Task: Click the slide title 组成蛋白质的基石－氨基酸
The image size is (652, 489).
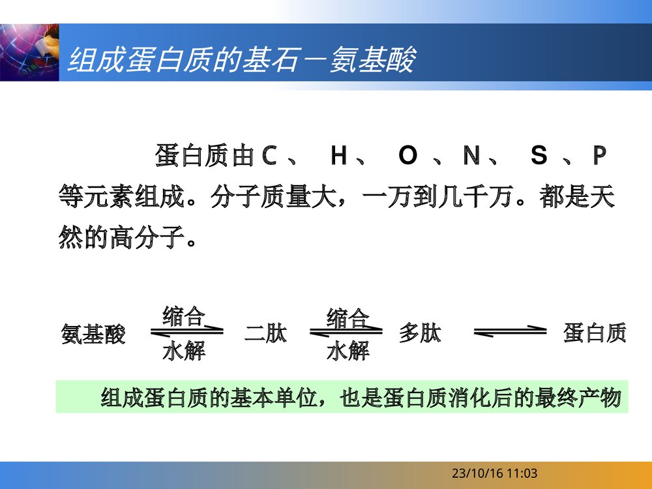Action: tap(241, 61)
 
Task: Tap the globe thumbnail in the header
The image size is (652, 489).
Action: tap(29, 52)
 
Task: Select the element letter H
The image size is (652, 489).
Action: tap(338, 156)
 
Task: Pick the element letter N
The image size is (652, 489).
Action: tap(471, 156)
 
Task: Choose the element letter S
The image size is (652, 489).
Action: tap(539, 156)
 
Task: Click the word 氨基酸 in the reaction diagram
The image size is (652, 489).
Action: tap(93, 334)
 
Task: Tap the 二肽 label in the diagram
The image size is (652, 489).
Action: tap(265, 334)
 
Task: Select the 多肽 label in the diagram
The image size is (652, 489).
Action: tap(420, 334)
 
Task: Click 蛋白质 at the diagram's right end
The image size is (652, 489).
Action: tap(595, 333)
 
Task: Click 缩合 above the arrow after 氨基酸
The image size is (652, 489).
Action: tap(184, 316)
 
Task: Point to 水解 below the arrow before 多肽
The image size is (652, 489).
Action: tap(348, 352)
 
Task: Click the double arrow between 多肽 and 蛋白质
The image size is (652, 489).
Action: tap(510, 333)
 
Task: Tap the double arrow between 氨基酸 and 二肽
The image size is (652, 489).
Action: tap(186, 333)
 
